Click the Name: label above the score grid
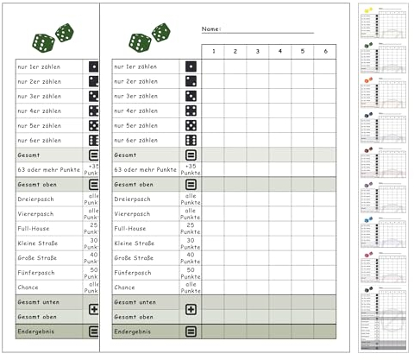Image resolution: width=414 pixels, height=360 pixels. (x=211, y=29)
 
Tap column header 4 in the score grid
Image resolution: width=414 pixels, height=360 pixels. (x=279, y=52)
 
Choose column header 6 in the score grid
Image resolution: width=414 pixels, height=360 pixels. (x=324, y=52)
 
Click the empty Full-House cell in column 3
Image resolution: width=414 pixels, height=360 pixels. (x=257, y=229)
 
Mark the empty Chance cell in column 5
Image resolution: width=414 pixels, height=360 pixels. (x=302, y=287)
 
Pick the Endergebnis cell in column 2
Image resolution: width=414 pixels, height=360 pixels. (x=235, y=331)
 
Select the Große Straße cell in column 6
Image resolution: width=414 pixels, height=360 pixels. (x=324, y=258)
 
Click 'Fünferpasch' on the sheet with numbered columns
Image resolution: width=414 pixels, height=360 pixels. (x=133, y=273)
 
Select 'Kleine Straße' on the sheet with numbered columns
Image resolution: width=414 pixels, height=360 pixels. (x=135, y=243)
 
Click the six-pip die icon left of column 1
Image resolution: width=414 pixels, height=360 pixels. (x=191, y=140)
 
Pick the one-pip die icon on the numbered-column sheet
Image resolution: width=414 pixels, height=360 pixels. (x=191, y=66)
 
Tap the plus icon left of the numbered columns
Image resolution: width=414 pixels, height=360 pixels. (x=191, y=309)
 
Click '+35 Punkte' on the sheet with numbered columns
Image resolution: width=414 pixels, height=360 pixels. (x=191, y=169)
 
